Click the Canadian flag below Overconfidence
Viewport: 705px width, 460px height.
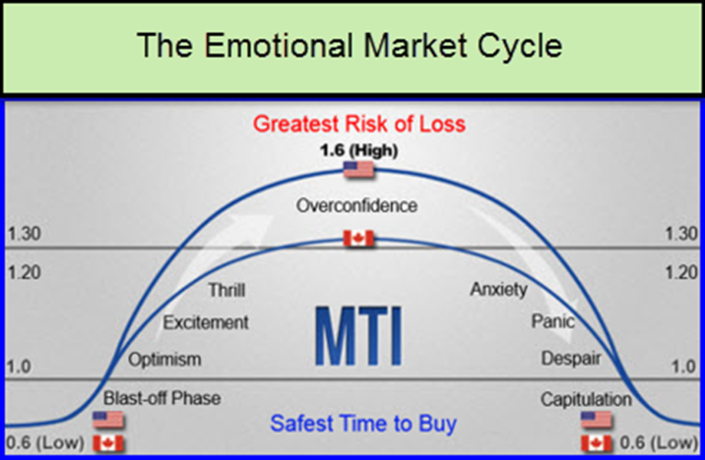coord(359,239)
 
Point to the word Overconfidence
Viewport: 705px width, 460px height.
coord(356,206)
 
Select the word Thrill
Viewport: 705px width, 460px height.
coord(226,290)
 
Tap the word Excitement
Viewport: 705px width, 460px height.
coord(206,322)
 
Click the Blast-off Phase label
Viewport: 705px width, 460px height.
coord(162,398)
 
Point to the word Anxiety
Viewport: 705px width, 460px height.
coord(498,290)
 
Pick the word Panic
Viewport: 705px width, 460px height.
coord(553,322)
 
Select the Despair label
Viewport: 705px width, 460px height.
coord(570,358)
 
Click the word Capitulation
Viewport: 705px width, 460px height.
coord(586,399)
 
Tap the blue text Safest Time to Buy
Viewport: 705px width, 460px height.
coord(363,424)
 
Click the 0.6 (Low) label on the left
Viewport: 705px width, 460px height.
coord(45,443)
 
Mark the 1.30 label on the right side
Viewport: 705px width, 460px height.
coord(680,234)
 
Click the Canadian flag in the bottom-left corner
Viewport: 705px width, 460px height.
coord(108,443)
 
